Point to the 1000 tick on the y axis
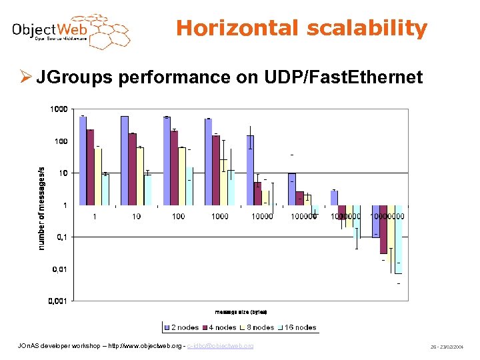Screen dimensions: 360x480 click(x=59, y=109)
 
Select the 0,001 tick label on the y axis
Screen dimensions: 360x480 click(x=57, y=301)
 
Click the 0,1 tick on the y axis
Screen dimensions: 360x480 click(x=61, y=237)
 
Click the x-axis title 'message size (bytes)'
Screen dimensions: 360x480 click(x=241, y=312)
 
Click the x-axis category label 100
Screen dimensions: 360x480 click(x=178, y=216)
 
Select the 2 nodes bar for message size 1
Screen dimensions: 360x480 click(x=83, y=161)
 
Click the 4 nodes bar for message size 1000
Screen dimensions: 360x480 click(x=216, y=170)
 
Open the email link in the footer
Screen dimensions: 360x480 click(x=220, y=346)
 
